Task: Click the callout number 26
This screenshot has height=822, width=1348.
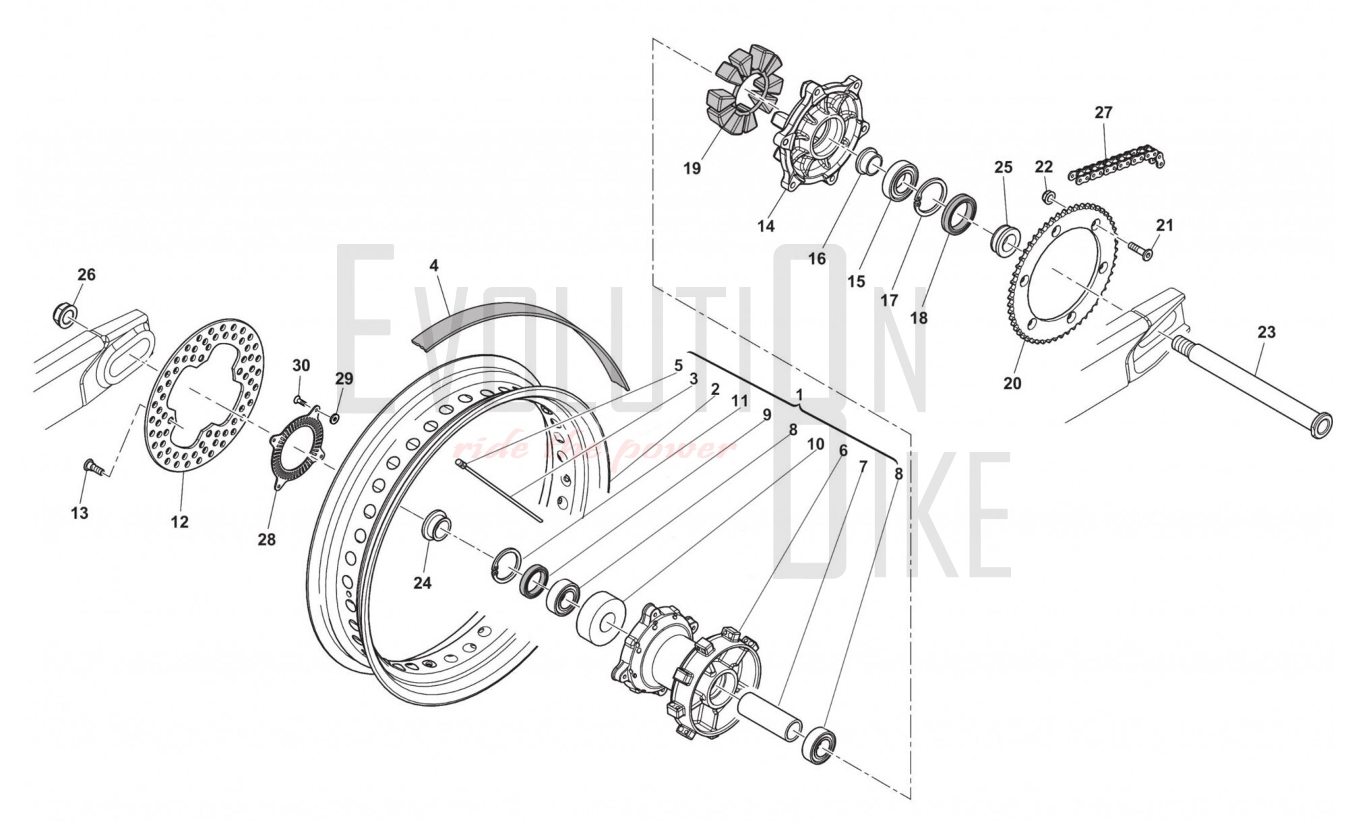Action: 86,274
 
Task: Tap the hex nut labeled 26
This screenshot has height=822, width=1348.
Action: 65,314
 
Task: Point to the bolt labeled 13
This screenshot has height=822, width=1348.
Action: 94,466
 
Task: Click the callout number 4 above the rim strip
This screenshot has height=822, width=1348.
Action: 434,265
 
